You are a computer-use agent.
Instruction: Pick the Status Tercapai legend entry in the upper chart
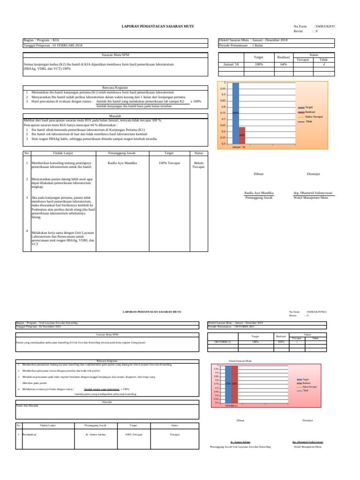tap(314, 116)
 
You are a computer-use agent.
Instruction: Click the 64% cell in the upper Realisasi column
tap(284, 64)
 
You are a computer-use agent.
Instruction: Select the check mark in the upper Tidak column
tap(323, 64)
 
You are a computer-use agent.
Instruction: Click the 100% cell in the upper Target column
tap(258, 64)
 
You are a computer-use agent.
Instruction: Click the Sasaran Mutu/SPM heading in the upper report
tap(115, 55)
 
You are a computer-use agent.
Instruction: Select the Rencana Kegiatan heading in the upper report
tap(115, 87)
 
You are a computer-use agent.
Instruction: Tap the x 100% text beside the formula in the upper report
tap(195, 101)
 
